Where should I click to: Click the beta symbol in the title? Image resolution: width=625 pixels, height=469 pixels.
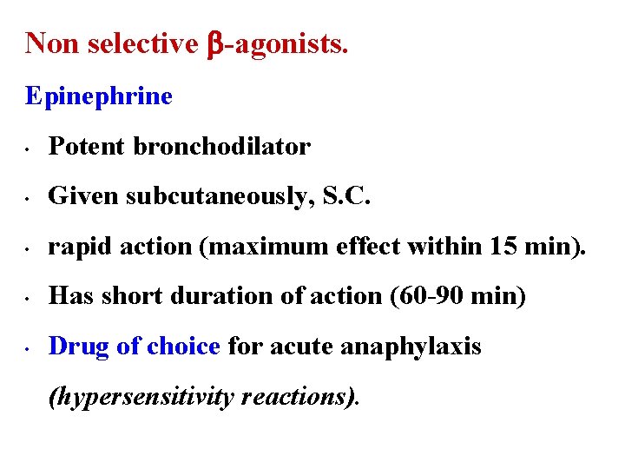215,43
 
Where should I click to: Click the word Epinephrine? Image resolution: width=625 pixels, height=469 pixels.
99,96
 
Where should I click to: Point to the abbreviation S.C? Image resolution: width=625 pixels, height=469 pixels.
346,197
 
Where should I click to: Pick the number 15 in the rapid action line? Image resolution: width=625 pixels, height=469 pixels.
503,247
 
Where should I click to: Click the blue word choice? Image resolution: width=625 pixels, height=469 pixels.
183,347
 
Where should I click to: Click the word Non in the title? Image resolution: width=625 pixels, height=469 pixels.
49,43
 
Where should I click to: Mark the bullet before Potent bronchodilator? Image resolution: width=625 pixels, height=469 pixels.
29,149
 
